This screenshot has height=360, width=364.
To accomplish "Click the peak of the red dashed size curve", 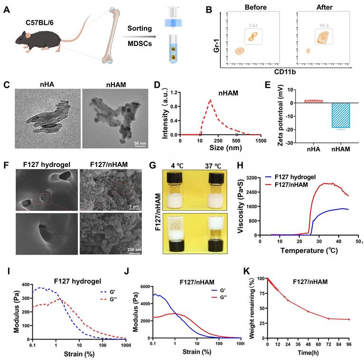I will pos(210,100).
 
